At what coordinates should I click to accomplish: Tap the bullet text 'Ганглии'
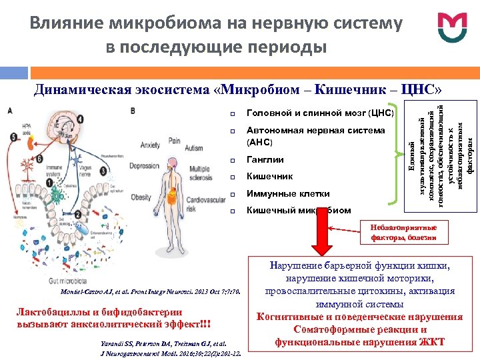(265, 160)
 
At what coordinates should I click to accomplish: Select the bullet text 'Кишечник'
(269, 177)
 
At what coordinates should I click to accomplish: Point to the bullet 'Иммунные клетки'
(288, 194)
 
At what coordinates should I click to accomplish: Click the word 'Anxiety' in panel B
(151, 145)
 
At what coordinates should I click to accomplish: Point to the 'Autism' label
(194, 147)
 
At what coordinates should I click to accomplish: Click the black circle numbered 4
(80, 119)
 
